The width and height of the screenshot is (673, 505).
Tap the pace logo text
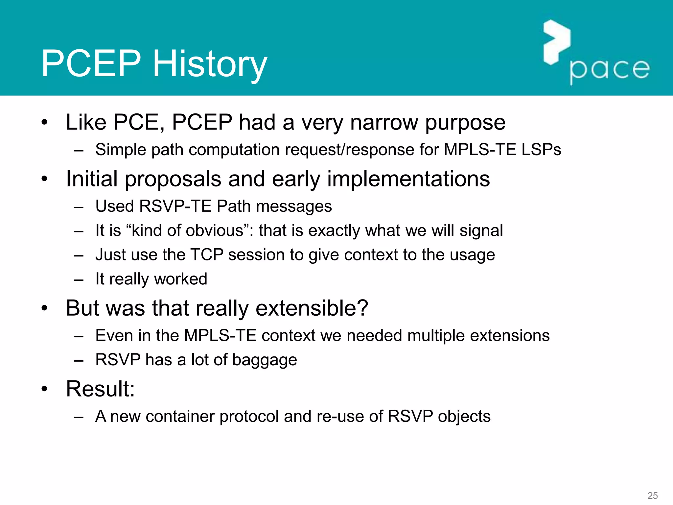click(609, 70)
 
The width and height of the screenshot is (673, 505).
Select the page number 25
click(652, 495)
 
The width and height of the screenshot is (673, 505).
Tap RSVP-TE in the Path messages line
click(175, 206)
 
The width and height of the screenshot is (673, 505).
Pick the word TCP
click(207, 255)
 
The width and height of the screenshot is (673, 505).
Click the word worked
click(180, 279)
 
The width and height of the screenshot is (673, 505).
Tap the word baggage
click(265, 360)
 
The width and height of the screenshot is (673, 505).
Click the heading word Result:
click(100, 389)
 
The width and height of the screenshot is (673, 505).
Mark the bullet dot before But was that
click(45, 308)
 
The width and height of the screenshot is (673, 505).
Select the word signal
click(481, 230)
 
